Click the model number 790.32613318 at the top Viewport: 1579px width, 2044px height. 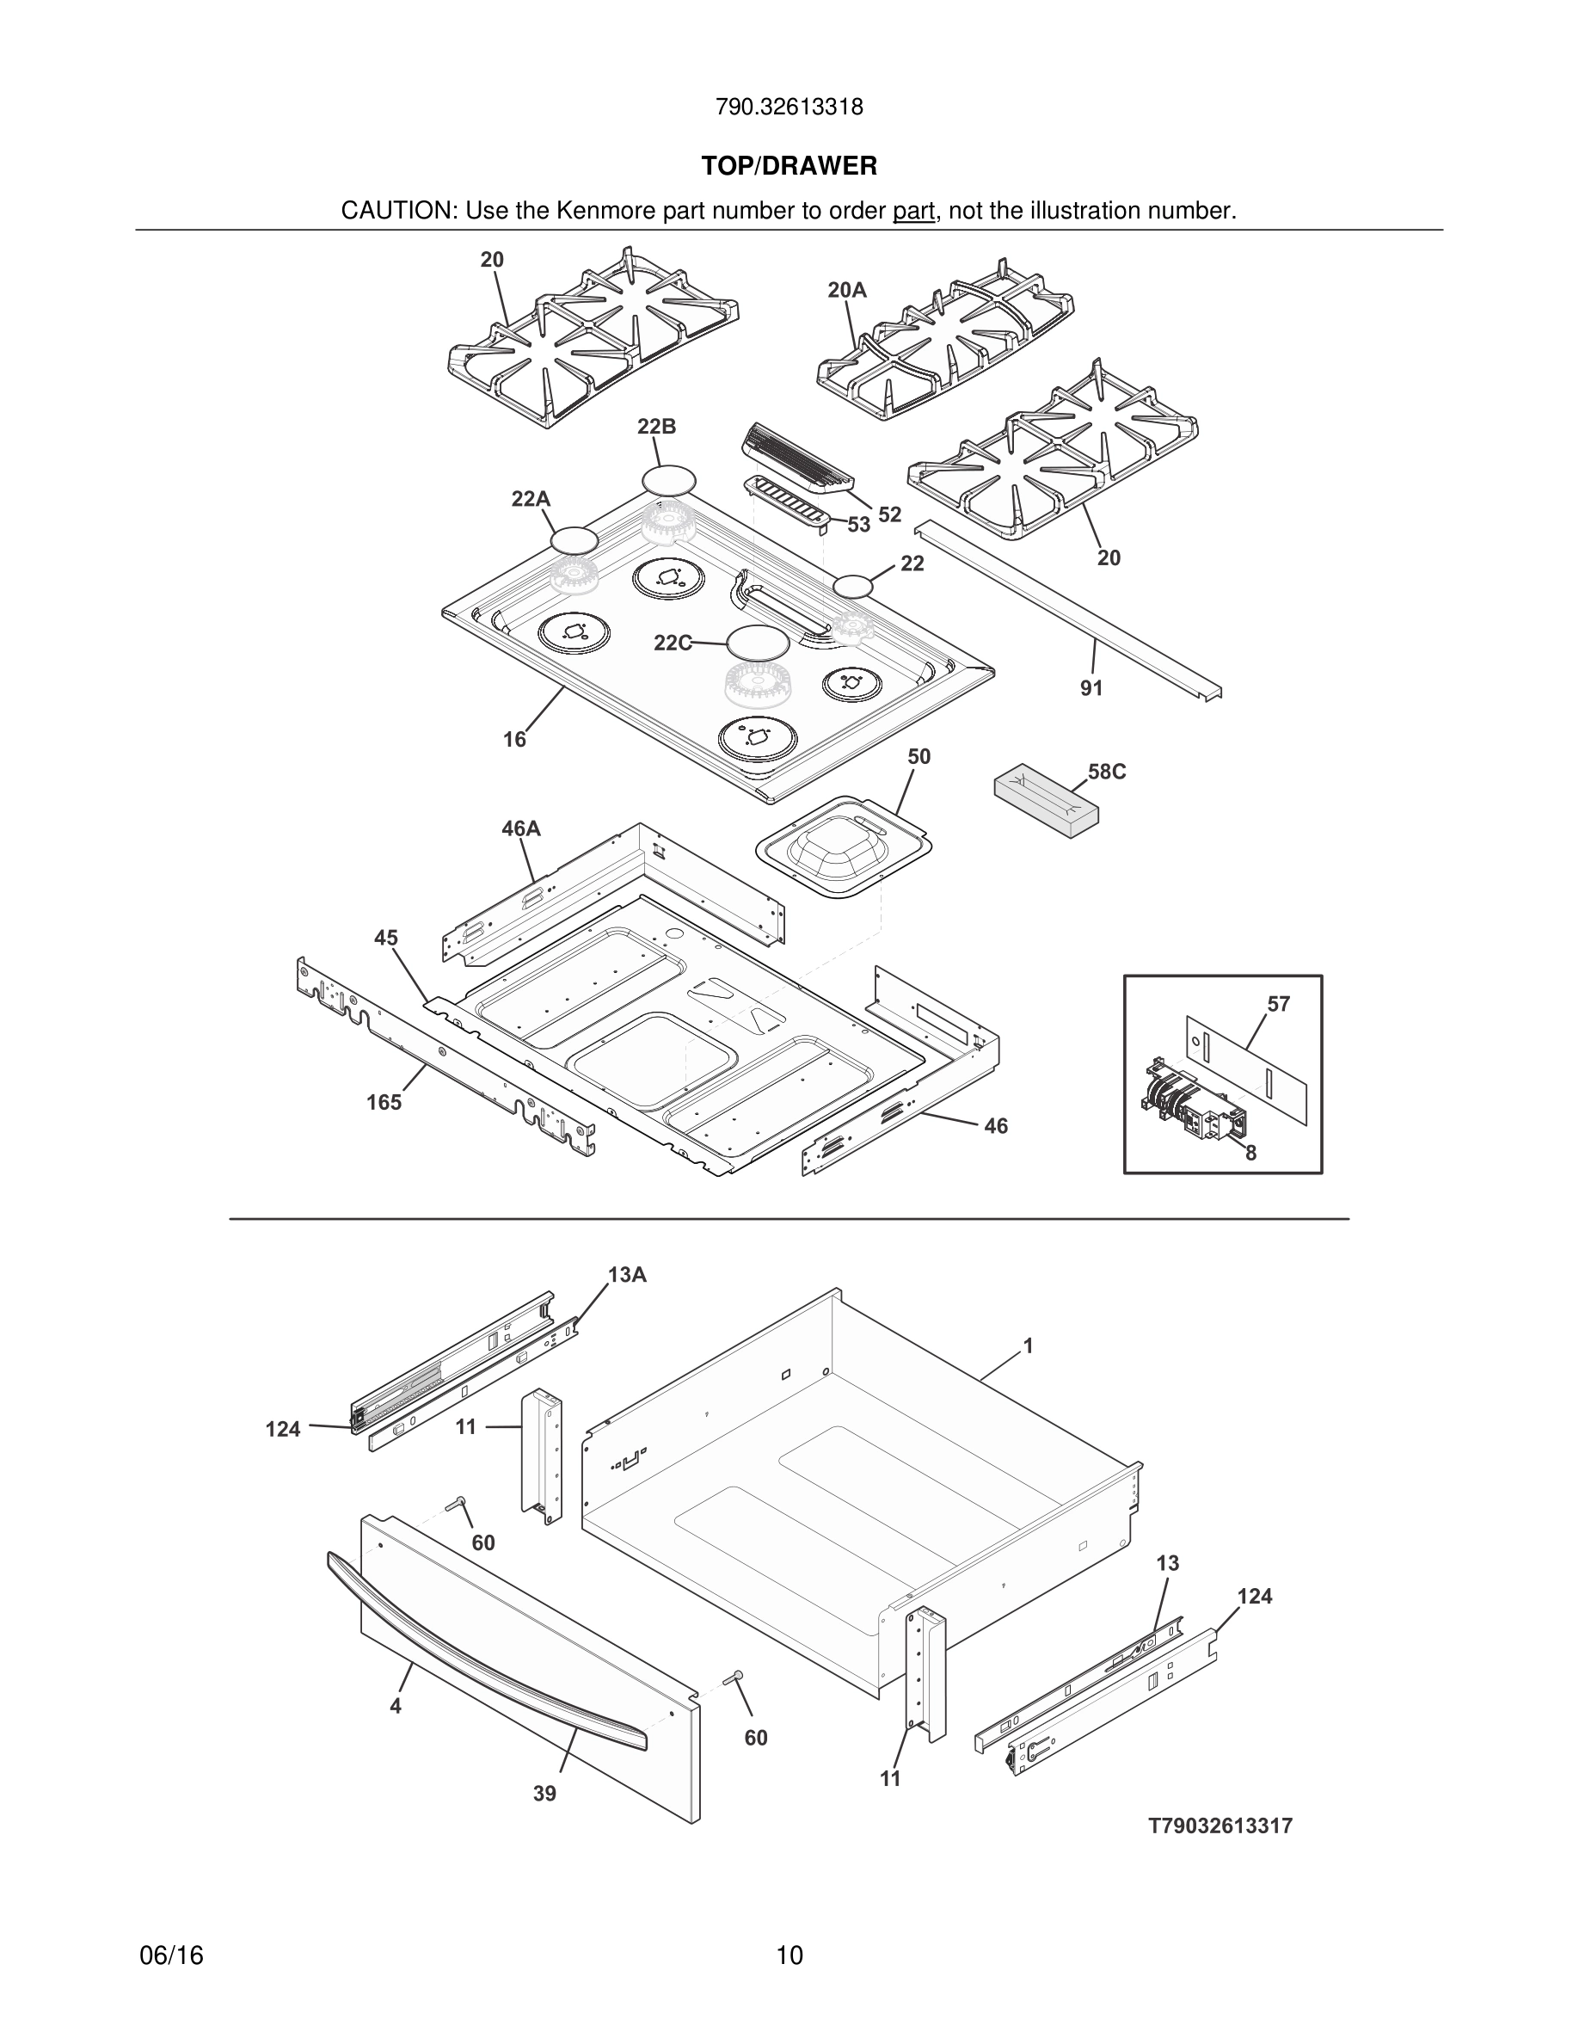pyautogui.click(x=789, y=108)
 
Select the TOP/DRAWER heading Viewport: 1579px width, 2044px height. pyautogui.click(x=789, y=167)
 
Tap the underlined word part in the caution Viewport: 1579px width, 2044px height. pyautogui.click(x=914, y=212)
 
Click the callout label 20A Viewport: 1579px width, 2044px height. pyautogui.click(x=846, y=290)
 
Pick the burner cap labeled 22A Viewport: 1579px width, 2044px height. pyautogui.click(x=574, y=540)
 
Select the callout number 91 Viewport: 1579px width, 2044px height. pyautogui.click(x=1091, y=688)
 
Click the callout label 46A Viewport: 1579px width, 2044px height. pyautogui.click(x=521, y=828)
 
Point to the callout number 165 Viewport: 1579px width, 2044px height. pyautogui.click(x=384, y=1103)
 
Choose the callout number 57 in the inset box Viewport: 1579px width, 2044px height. pyautogui.click(x=1278, y=1004)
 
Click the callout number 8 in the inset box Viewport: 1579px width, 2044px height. pyautogui.click(x=1250, y=1153)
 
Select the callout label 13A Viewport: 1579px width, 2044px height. pyautogui.click(x=627, y=1275)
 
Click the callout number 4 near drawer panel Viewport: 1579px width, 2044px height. pyautogui.click(x=396, y=1706)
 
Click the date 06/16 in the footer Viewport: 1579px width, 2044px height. pyautogui.click(x=171, y=1955)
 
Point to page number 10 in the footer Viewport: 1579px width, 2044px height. pyautogui.click(x=789, y=1955)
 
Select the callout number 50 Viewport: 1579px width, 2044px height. pyautogui.click(x=919, y=756)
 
